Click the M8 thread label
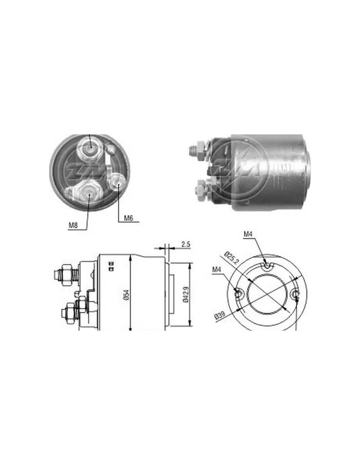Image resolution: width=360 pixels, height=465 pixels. [73, 225]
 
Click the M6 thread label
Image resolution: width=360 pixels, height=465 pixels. [129, 218]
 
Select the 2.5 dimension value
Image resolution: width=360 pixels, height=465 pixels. [185, 244]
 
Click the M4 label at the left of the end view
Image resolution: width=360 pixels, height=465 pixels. [217, 270]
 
